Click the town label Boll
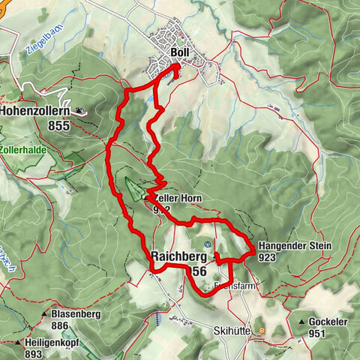(x=179, y=52)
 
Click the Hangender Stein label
(x=294, y=246)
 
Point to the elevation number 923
(x=268, y=257)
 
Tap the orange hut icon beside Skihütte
(x=261, y=329)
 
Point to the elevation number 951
(x=324, y=333)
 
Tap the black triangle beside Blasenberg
(x=45, y=315)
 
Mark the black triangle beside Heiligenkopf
(x=17, y=343)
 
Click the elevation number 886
(x=61, y=326)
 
